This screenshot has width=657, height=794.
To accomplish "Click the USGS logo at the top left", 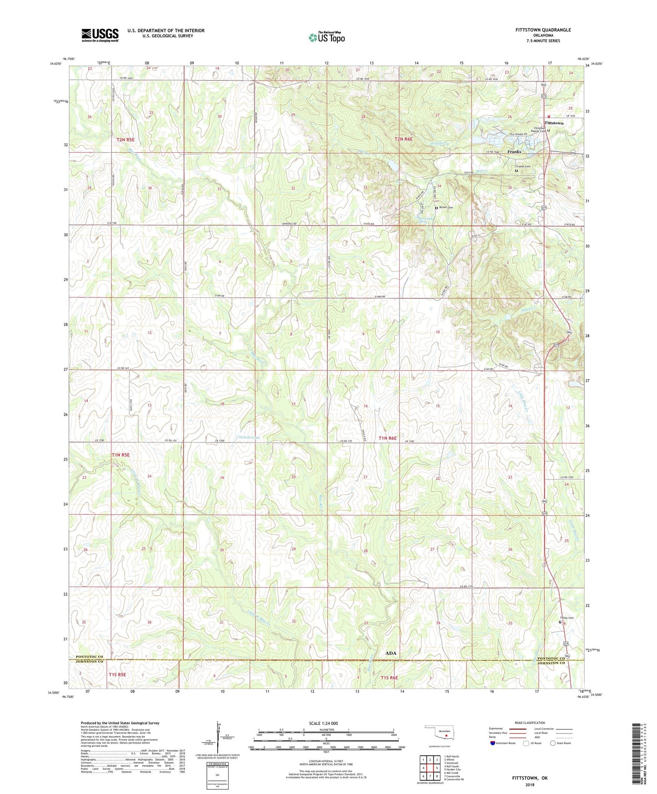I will click(100, 35).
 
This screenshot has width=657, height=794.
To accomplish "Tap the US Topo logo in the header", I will click(326, 37).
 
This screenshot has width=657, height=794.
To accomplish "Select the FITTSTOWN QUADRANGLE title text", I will click(537, 30).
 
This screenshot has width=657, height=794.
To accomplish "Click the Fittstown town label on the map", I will click(554, 123).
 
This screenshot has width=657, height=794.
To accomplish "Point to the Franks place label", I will click(514, 152).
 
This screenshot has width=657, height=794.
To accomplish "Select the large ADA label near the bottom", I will click(391, 653).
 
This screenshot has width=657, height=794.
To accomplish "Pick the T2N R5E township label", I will click(125, 140).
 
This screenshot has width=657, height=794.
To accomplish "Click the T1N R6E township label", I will click(387, 438).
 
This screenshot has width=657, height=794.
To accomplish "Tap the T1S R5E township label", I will click(117, 675).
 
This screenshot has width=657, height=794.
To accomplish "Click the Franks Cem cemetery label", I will click(523, 166).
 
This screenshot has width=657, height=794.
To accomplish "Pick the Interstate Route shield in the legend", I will click(493, 743).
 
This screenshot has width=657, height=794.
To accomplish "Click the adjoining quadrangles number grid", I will click(430, 770).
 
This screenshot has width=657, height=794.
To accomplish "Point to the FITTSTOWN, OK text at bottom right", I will click(530, 778).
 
